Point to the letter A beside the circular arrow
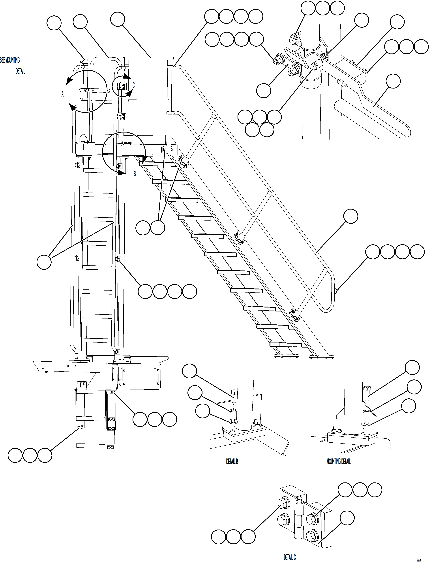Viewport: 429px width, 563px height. (62, 94)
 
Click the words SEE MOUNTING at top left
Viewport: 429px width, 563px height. (10, 60)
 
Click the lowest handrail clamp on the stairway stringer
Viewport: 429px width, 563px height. (295, 314)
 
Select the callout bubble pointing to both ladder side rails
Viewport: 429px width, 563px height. (44, 262)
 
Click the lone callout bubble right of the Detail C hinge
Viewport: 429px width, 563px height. (347, 518)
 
